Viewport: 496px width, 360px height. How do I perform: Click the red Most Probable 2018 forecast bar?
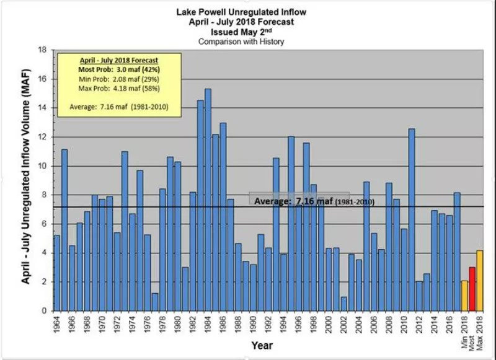click(472, 289)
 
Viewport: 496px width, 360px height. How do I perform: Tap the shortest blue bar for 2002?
click(343, 304)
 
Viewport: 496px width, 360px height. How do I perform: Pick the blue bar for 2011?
click(411, 219)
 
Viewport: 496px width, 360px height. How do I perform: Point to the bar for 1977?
click(155, 302)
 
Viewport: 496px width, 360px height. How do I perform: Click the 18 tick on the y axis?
click(43, 50)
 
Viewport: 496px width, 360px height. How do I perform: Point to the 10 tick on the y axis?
click(43, 166)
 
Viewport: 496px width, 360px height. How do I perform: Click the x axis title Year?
click(263, 345)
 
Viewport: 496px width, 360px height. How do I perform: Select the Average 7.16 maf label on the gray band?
click(313, 202)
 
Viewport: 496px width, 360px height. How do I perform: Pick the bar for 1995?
click(291, 223)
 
